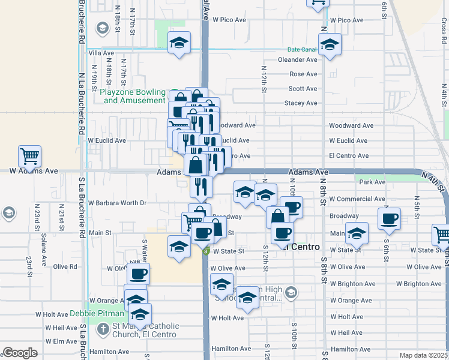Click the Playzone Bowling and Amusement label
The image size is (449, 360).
pyautogui.click(x=133, y=96)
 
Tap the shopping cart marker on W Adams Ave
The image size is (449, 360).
pyautogui.click(x=29, y=157)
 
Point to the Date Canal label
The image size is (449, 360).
pyautogui.click(x=301, y=49)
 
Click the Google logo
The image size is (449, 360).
pyautogui.click(x=20, y=353)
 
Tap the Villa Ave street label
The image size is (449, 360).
pyautogui.click(x=101, y=53)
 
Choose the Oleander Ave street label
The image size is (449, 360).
pyautogui.click(x=297, y=60)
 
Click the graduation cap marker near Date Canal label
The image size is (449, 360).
pyautogui.click(x=330, y=45)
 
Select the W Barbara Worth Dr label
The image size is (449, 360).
pyautogui.click(x=118, y=203)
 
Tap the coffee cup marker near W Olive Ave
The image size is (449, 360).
pyautogui.click(x=138, y=274)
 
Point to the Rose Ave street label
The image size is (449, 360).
pyautogui.click(x=303, y=74)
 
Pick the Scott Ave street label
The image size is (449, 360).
pyautogui.click(x=303, y=89)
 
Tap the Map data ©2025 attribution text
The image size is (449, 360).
pyautogui.click(x=423, y=355)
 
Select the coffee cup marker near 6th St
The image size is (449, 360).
pyautogui.click(x=389, y=218)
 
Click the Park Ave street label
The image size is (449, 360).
pyautogui.click(x=372, y=182)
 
